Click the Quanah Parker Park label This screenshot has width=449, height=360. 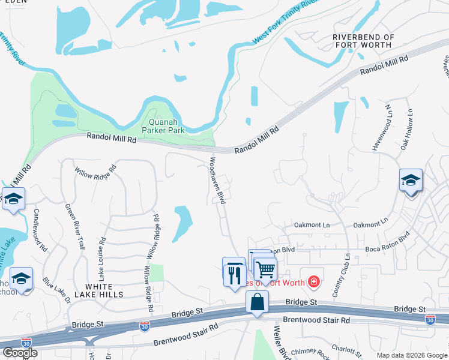coord(163,125)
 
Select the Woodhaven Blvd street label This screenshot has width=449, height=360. coord(217,181)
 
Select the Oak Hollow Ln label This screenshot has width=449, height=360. coord(406,129)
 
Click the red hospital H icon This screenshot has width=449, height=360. coord(313,281)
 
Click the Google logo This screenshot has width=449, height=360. coord(20,353)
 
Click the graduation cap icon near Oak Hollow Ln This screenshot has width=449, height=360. coord(411,180)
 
